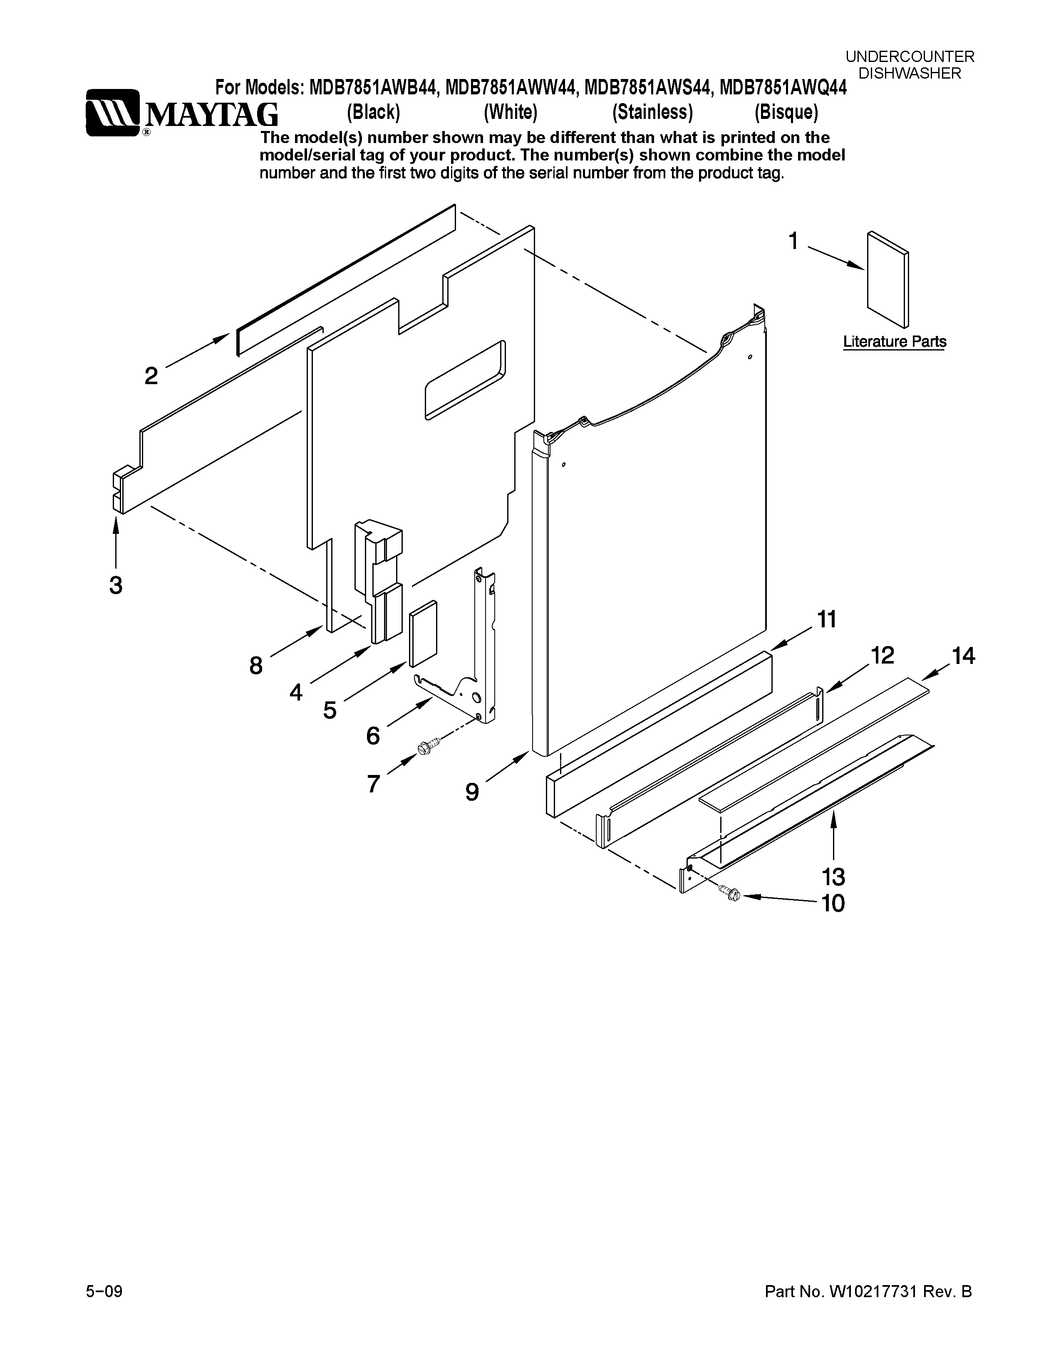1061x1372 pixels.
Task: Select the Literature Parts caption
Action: [x=894, y=342]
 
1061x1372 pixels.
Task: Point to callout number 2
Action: [x=151, y=376]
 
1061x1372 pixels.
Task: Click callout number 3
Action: [x=116, y=585]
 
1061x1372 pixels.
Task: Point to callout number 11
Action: [x=827, y=619]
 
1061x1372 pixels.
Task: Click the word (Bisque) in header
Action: [x=786, y=112]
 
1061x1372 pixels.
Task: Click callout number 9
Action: [x=472, y=792]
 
